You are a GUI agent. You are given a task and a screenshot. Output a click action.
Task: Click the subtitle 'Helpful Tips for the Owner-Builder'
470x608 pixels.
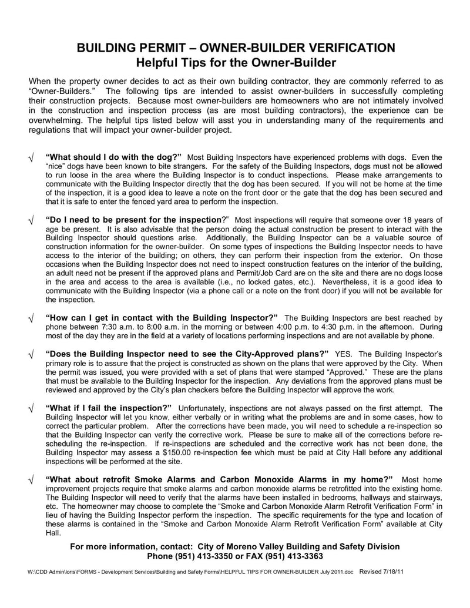pos(235,62)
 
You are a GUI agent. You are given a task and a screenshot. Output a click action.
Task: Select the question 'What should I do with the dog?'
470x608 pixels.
pos(113,157)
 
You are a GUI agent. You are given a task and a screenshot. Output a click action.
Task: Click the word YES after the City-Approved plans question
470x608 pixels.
pos(343,354)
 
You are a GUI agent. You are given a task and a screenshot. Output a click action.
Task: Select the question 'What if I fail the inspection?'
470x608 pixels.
pos(109,408)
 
